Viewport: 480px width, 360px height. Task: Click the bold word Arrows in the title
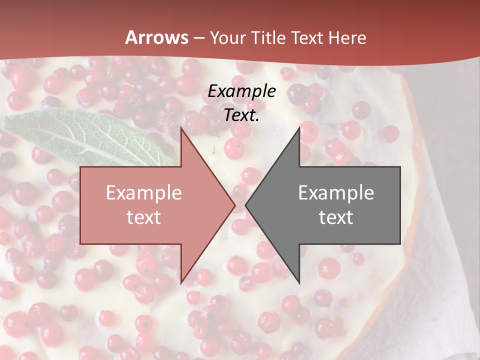click(157, 37)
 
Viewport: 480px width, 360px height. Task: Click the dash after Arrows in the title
click(199, 38)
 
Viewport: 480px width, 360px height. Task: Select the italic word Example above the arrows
click(242, 91)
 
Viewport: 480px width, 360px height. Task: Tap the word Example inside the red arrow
click(144, 192)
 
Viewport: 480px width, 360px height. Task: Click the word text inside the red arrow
click(144, 217)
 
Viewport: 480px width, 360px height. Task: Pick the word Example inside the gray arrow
click(336, 192)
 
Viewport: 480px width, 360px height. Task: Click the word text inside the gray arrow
click(336, 217)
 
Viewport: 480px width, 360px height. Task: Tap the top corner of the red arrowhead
click(181, 129)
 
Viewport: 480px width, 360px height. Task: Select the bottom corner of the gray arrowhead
click(299, 281)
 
